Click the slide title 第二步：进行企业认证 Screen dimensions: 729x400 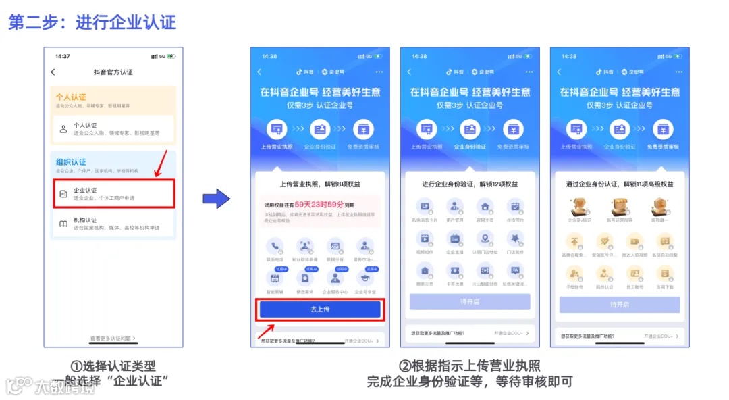[92, 22]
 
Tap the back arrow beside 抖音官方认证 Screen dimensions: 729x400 [53, 72]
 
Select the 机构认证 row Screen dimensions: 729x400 [113, 224]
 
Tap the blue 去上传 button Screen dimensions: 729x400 [320, 309]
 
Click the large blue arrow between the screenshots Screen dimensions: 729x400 [216, 199]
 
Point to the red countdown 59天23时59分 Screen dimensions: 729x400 [319, 203]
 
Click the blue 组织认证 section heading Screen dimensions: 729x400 [71, 162]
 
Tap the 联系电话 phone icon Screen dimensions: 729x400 [274, 246]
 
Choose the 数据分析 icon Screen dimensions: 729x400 [335, 246]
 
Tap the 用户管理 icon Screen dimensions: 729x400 [455, 207]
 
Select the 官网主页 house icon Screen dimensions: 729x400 [485, 207]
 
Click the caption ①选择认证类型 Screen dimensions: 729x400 [113, 366]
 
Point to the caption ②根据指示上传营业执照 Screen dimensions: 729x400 [470, 366]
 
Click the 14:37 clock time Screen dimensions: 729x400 [62, 56]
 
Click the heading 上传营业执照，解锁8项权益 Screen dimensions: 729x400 [320, 184]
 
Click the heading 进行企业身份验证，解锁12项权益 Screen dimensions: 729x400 [470, 184]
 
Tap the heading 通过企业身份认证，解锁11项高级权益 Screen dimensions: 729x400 [620, 184]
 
